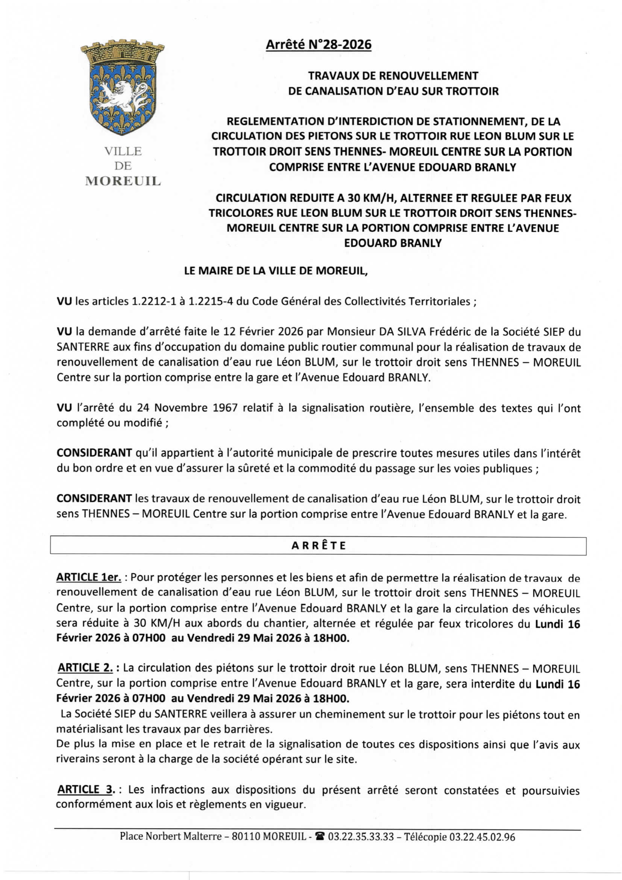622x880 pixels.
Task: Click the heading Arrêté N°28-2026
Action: (x=318, y=45)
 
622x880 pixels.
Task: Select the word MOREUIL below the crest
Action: (x=123, y=181)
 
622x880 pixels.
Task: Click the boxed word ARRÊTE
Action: (x=318, y=545)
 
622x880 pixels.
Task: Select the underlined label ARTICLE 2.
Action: (x=85, y=668)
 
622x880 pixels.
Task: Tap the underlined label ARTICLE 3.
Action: (x=86, y=790)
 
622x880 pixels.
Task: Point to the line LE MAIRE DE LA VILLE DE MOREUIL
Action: (x=276, y=271)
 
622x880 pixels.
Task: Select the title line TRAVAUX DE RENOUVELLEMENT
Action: (x=393, y=76)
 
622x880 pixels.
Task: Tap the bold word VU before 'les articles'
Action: (x=64, y=301)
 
